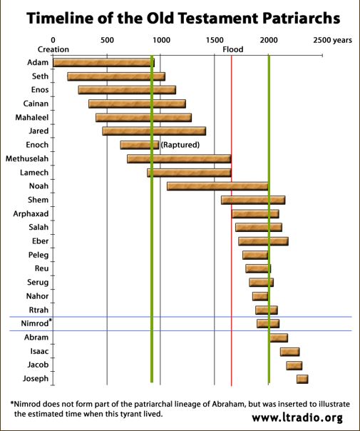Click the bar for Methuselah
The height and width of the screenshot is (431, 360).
pyautogui.click(x=179, y=158)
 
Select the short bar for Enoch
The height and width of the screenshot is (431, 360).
pyautogui.click(x=139, y=145)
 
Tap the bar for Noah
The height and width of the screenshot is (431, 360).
pyautogui.click(x=217, y=186)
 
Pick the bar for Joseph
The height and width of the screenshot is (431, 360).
pyautogui.click(x=302, y=379)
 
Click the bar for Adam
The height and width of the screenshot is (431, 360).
pyautogui.click(x=103, y=63)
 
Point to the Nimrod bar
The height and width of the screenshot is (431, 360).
pyautogui.click(x=268, y=323)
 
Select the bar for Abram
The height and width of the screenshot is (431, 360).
pyautogui.click(x=278, y=338)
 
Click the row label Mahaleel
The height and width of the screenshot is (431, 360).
pyautogui.click(x=31, y=117)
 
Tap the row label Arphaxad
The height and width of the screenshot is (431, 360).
pyautogui.click(x=31, y=213)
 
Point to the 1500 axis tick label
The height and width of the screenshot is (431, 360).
pyautogui.click(x=215, y=40)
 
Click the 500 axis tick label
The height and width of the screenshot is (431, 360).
pyautogui.click(x=107, y=40)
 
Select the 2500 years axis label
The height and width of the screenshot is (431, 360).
pyautogui.click(x=332, y=40)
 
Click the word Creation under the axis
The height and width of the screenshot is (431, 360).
pyautogui.click(x=53, y=50)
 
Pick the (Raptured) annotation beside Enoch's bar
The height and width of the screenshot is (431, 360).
pyautogui.click(x=180, y=145)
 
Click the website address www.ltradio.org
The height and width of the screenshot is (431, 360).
pyautogui.click(x=297, y=417)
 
